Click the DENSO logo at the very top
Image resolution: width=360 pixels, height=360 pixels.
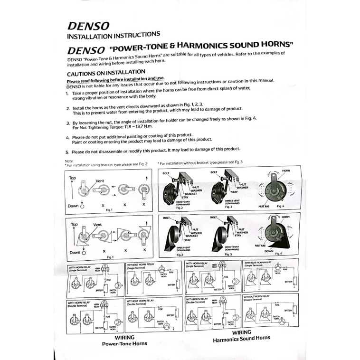point(89,25)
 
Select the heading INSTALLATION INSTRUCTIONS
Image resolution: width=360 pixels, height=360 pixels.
point(114,35)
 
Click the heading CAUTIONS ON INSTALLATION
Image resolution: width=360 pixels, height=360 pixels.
point(106,73)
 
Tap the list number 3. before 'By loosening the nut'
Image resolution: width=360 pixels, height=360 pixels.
point(68,123)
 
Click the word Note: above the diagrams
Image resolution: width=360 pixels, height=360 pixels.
point(69,161)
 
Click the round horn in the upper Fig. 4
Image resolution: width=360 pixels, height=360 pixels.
point(275,189)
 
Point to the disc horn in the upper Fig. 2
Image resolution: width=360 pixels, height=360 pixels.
point(171,192)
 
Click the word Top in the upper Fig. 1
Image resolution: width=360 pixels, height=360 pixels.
point(72,178)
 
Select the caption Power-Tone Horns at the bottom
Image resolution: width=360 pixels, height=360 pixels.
point(124,343)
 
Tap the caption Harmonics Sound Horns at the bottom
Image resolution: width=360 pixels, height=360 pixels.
point(241,339)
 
